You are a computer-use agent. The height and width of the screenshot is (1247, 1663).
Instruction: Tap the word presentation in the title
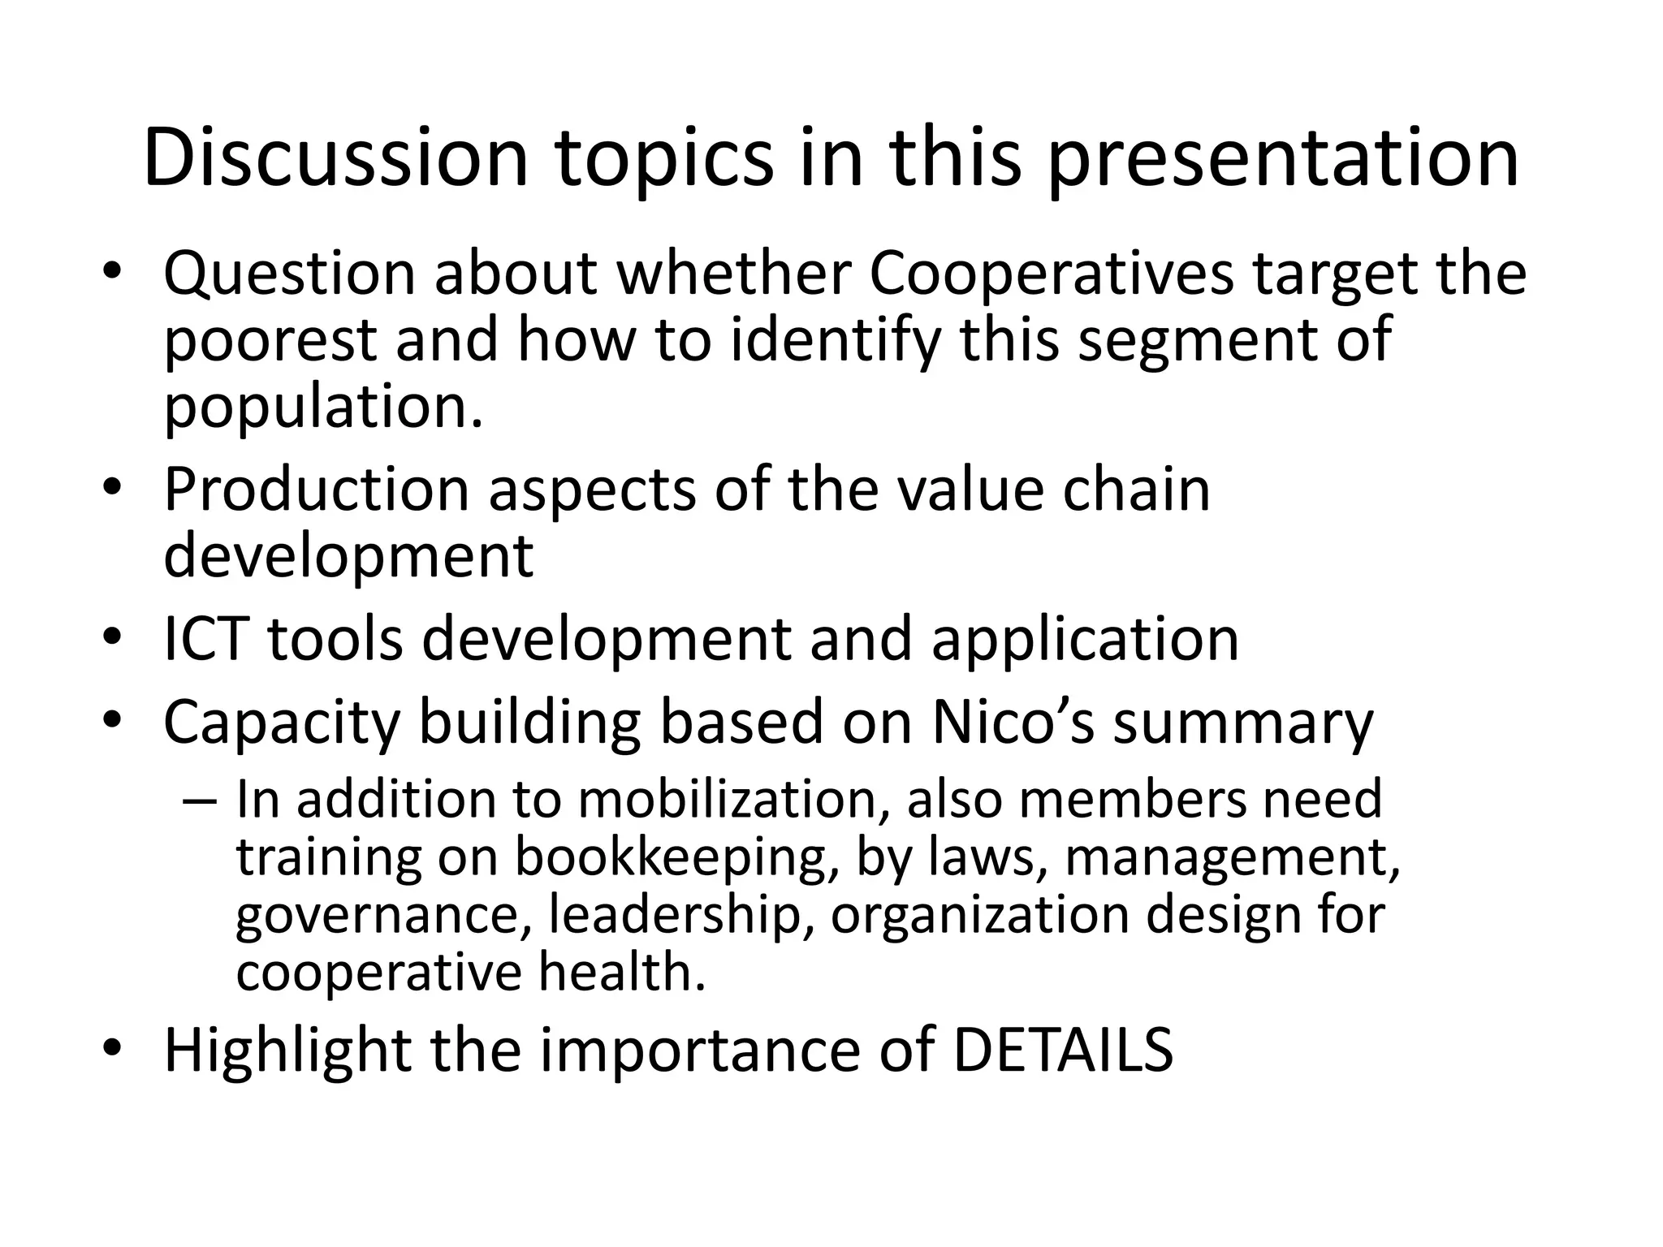pos(1282,160)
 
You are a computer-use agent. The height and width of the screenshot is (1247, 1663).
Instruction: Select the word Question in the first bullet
pos(289,275)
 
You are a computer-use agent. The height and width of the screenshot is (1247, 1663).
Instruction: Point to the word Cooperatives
pos(1052,275)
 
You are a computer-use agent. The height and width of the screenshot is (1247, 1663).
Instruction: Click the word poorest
pos(270,341)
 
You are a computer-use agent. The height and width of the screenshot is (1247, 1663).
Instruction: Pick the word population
pos(323,408)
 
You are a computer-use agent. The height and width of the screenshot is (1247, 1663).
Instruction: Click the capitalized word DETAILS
pos(1062,1051)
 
